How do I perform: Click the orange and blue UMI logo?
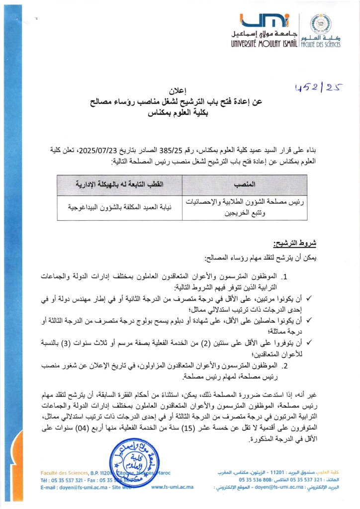[x=264, y=21]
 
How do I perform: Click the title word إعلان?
[x=180, y=91]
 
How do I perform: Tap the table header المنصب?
[x=245, y=184]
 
